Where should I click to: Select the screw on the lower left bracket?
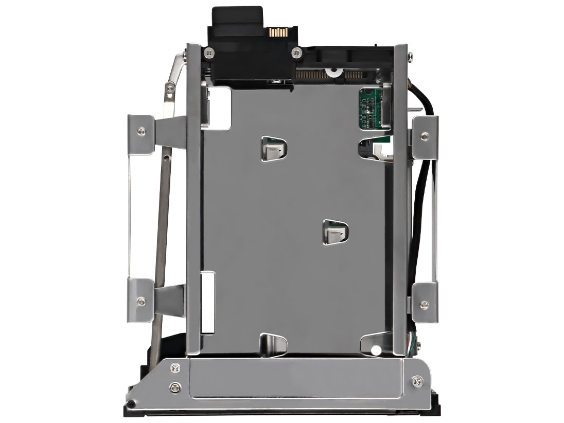(141, 300)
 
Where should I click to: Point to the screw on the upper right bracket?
(424, 136)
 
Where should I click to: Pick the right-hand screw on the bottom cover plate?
(415, 381)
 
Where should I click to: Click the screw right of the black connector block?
(296, 51)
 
